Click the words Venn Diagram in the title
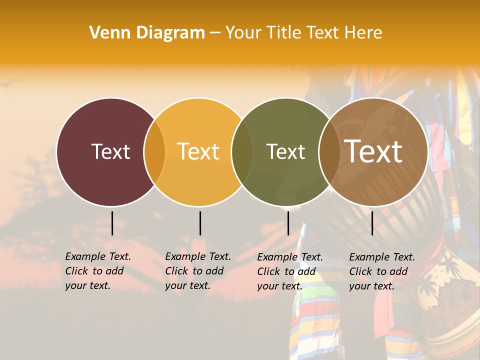[x=147, y=33]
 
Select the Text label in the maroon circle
[x=110, y=151]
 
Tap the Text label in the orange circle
[x=198, y=151]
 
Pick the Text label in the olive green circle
[x=285, y=151]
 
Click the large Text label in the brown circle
[x=373, y=151]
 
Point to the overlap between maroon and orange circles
[x=154, y=152]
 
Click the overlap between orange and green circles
[x=242, y=152]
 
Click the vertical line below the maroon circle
[x=112, y=223]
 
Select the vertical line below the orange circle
[x=200, y=223]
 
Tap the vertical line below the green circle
[x=288, y=223]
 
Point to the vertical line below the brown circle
[x=372, y=223]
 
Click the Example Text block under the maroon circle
[x=97, y=271]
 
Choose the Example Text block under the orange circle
[x=197, y=271]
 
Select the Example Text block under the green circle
[x=289, y=271]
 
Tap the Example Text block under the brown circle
[x=381, y=271]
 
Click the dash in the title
[x=215, y=33]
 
